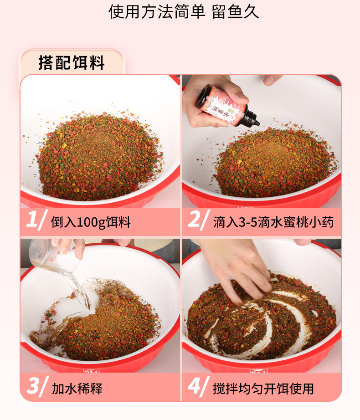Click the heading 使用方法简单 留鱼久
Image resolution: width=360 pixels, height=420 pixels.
point(184,12)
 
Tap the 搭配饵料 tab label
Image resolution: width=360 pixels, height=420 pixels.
point(72,63)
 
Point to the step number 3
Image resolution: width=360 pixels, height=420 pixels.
point(33,386)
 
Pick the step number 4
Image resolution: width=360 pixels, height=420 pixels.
point(195,386)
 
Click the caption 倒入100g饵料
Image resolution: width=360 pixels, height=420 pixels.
point(91,222)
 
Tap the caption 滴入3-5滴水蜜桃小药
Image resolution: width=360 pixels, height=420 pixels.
point(273,222)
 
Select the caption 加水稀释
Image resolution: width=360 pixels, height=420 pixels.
point(77,389)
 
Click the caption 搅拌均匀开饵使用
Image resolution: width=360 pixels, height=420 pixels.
point(263,389)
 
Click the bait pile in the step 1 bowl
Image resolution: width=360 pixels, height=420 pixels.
point(100,158)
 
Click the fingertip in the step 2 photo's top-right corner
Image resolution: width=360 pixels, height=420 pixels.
point(272,79)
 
